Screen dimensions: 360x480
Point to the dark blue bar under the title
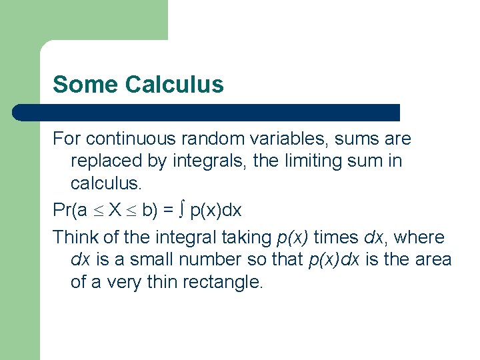[207, 112]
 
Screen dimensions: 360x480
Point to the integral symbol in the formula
[182, 211]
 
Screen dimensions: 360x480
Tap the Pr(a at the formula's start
[70, 211]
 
